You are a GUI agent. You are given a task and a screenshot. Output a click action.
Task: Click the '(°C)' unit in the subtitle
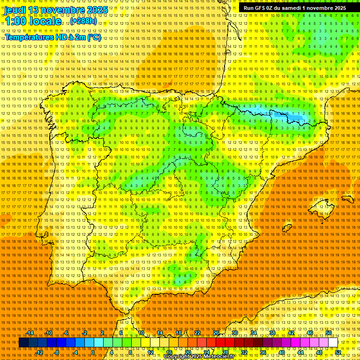tap(94, 37)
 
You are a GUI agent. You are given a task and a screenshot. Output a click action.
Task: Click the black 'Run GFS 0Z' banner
tap(294, 8)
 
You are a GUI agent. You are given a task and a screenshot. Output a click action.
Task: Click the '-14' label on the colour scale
tap(30, 333)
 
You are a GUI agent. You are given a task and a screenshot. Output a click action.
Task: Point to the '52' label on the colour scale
tap(337, 352)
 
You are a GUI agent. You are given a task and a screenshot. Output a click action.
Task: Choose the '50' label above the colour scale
tap(329, 333)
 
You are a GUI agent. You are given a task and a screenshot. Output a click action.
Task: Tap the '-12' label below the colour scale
tap(39, 352)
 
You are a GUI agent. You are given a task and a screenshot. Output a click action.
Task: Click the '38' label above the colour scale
tap(272, 333)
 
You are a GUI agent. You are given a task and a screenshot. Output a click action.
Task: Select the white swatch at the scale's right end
tap(333, 343)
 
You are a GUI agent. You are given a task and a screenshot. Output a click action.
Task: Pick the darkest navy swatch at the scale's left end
tap(23, 343)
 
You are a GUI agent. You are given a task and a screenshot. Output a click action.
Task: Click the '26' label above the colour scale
tap(216, 333)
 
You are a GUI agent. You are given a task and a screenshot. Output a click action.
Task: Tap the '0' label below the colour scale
tap(93, 352)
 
